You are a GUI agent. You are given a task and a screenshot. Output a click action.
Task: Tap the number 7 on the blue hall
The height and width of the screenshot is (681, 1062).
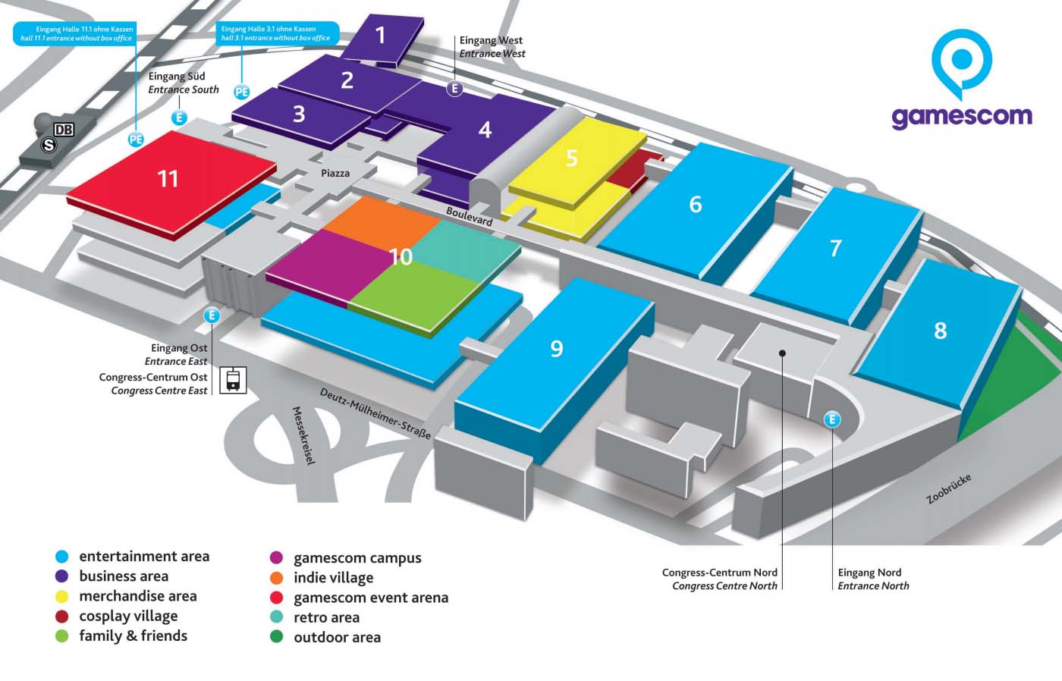(x=835, y=248)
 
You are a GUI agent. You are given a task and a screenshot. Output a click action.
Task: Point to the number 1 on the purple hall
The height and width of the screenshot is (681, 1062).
(x=381, y=34)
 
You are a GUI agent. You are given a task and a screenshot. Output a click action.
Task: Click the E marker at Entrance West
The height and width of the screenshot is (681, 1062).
(x=454, y=89)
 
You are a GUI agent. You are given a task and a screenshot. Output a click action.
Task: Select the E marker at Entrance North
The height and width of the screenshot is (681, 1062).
(x=832, y=419)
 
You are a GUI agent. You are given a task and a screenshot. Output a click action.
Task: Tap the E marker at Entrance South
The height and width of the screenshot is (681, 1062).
(x=180, y=118)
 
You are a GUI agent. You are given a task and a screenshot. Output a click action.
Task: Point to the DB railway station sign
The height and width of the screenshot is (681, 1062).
(x=64, y=130)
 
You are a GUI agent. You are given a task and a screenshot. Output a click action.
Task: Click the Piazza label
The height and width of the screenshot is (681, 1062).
(x=335, y=174)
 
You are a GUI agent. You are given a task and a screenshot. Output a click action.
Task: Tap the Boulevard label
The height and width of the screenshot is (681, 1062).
(x=470, y=217)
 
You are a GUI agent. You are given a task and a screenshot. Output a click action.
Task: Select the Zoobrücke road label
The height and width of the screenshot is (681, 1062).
(x=948, y=489)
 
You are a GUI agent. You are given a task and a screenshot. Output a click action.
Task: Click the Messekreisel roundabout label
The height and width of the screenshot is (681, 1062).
(x=303, y=436)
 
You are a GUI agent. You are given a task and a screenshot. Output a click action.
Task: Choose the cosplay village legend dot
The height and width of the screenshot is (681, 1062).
(x=62, y=617)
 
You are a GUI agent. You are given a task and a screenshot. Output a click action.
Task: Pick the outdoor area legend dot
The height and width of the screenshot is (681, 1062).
(x=277, y=637)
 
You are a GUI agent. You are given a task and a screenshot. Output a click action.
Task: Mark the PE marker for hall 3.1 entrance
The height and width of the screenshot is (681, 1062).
(x=241, y=93)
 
